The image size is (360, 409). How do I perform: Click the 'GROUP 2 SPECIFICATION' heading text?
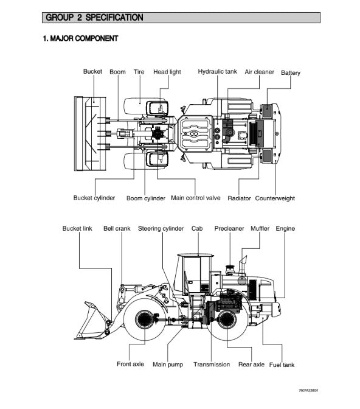(94, 18)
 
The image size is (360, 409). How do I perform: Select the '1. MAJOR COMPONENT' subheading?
(80, 38)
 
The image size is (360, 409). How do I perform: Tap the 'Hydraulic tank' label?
(218, 71)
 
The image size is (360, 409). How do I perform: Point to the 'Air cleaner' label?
(260, 72)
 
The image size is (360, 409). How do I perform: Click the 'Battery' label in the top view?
(291, 73)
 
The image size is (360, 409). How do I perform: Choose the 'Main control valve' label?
(196, 198)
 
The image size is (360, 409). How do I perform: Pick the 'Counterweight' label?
(275, 198)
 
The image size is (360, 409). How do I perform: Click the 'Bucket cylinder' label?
(94, 198)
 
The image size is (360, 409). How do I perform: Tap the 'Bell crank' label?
(117, 228)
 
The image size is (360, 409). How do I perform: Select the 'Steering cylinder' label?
(161, 228)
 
